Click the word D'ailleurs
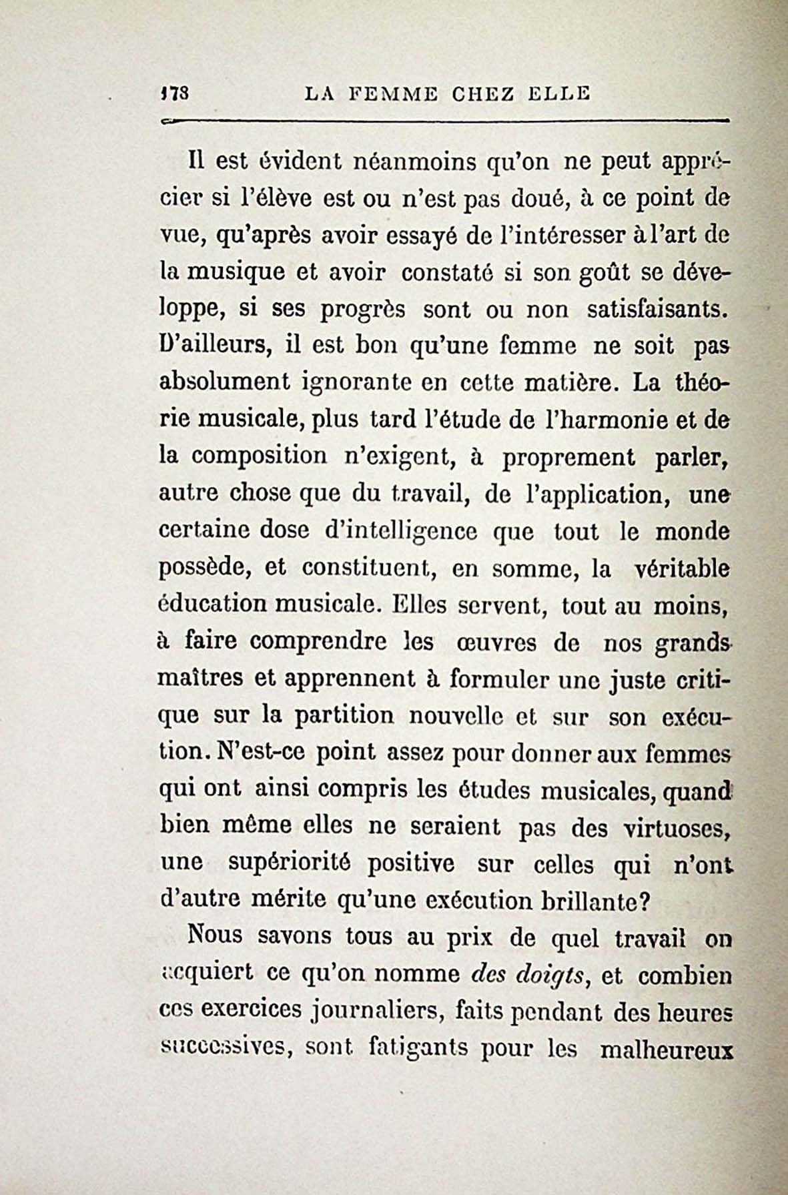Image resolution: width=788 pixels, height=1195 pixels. coord(214,346)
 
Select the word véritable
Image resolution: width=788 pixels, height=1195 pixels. coord(681,568)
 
